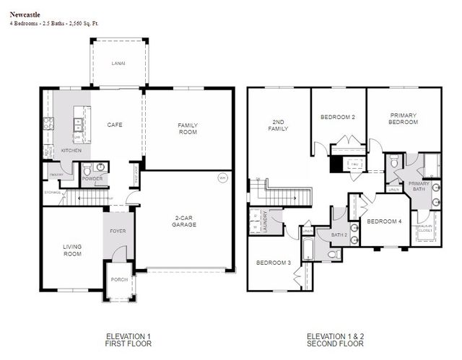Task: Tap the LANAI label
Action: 118,63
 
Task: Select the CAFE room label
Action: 115,125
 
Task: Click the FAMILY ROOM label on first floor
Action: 188,128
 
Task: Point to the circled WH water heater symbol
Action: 222,177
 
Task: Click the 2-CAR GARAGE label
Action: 186,221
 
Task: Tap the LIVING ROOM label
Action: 72,250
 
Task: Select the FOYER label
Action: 118,232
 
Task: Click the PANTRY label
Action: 56,175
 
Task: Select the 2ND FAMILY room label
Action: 279,125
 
